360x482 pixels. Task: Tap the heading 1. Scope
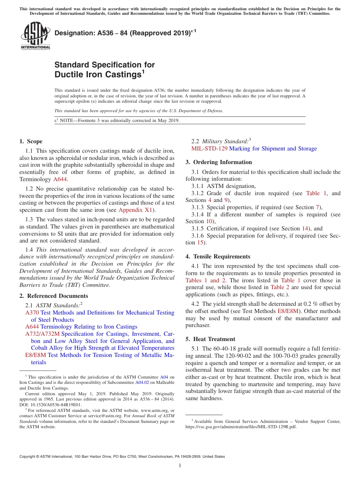(31, 141)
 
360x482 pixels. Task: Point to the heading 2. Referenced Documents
(53, 296)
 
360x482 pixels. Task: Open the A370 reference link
(32, 313)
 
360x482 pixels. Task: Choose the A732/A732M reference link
(42, 334)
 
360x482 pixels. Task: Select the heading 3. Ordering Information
(219, 162)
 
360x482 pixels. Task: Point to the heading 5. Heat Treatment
(210, 339)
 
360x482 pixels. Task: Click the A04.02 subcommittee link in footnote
(141, 383)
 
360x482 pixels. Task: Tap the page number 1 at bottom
(180, 465)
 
